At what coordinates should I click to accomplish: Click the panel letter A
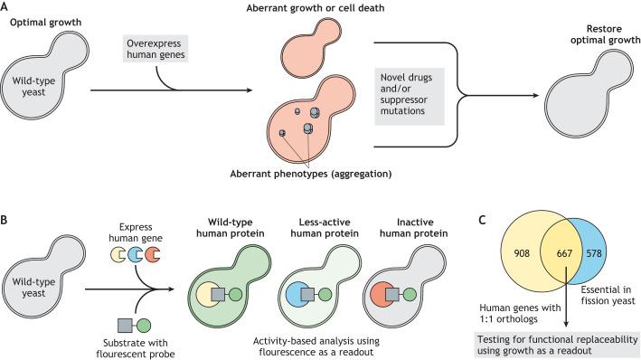click(x=6, y=6)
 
